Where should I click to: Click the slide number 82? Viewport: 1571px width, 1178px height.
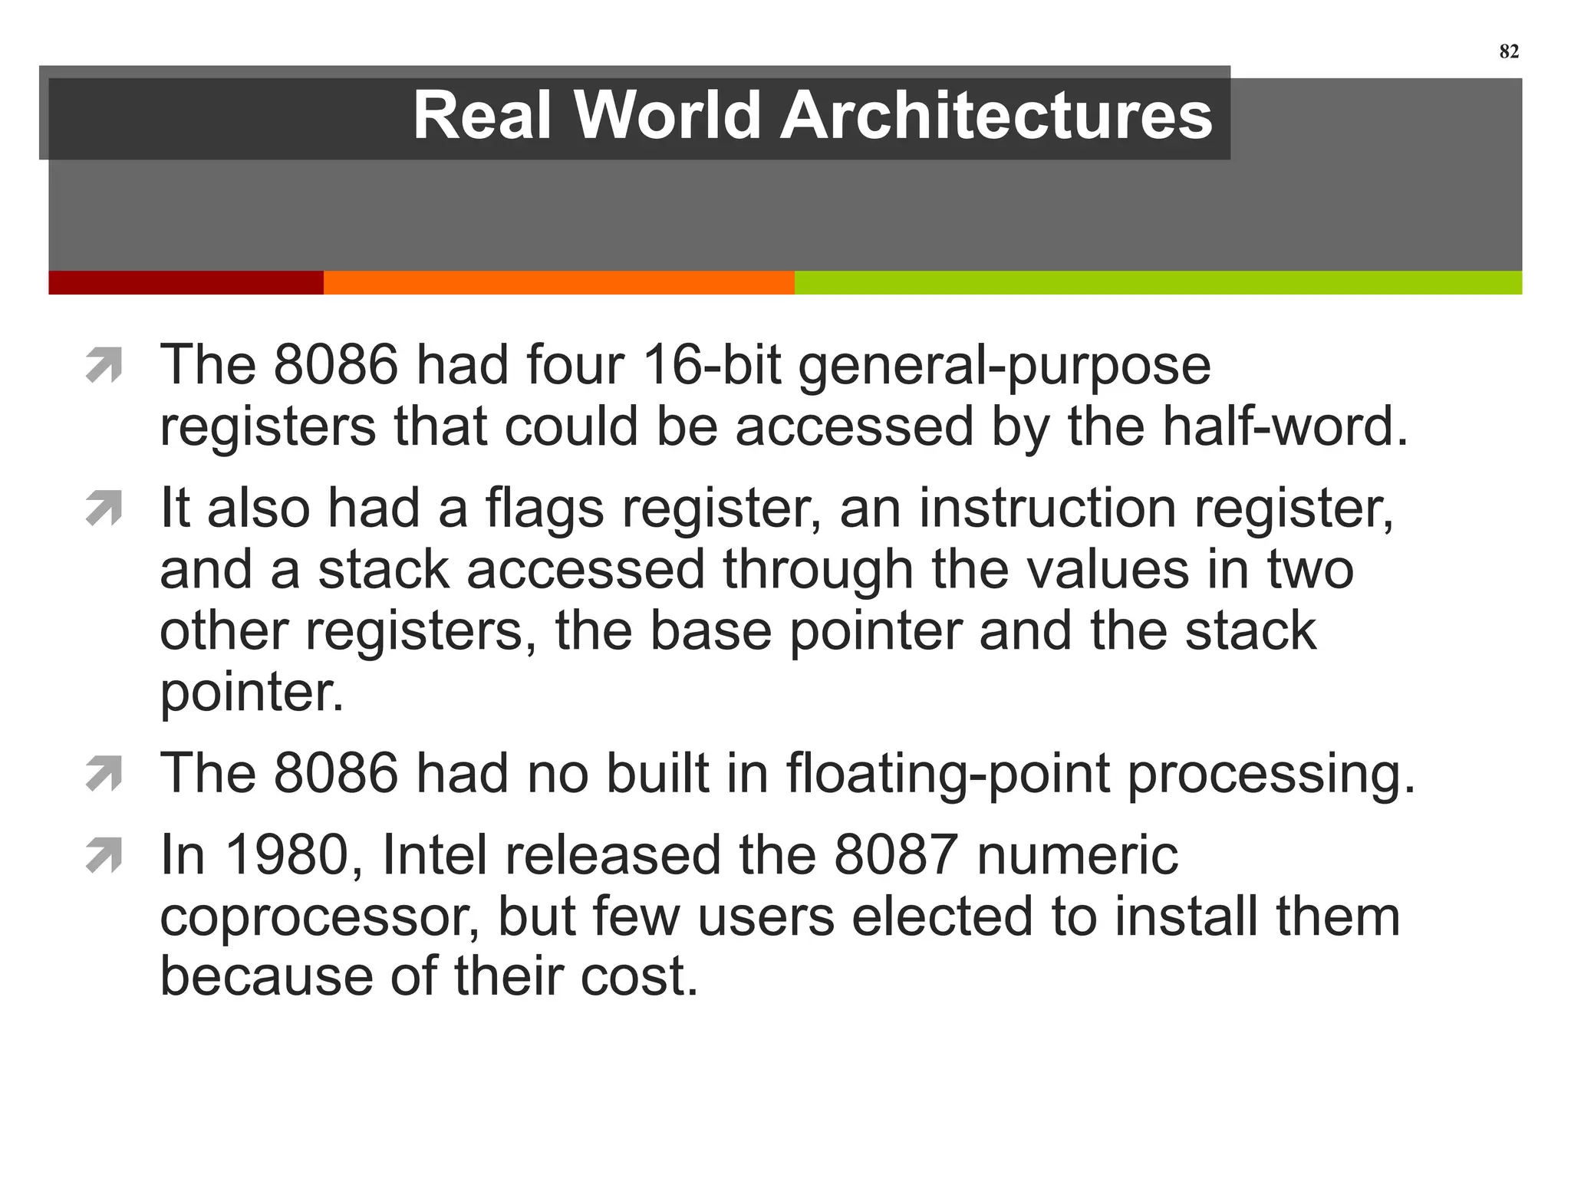(x=1508, y=51)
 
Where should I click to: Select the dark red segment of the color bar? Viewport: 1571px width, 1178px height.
(x=186, y=282)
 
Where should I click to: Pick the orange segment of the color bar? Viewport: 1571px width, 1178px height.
(x=558, y=282)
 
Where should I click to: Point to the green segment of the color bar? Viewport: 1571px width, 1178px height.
(x=1158, y=282)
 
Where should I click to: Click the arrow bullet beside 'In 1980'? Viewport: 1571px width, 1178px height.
(x=104, y=856)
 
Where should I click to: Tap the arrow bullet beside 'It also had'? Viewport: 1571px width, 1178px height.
(x=104, y=508)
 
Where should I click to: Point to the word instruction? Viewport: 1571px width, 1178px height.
(x=1047, y=508)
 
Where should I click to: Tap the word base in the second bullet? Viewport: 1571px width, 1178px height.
(x=710, y=631)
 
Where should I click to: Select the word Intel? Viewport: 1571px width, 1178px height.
(x=435, y=855)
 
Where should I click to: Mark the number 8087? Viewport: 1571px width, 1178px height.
(x=896, y=855)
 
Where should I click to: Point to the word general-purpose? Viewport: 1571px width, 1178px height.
(x=1004, y=366)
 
